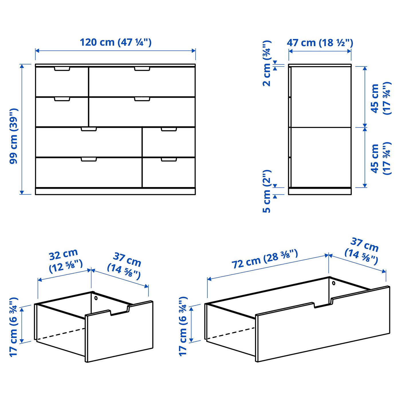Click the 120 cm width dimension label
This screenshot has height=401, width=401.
pos(115,42)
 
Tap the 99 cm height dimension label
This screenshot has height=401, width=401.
pos(13,136)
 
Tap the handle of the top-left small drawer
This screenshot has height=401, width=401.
pos(62,69)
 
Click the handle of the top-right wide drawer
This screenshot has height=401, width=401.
pos(142,69)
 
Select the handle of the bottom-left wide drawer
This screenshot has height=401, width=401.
pos(89,159)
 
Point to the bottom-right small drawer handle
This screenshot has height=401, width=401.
pos(169,159)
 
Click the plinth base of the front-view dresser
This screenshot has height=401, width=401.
pos(115,191)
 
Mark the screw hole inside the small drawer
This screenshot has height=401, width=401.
pos(96,298)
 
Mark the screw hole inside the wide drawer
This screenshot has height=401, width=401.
pos(334,283)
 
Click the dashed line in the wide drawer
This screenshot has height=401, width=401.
pos(231,333)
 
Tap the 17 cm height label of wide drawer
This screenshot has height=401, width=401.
pos(183,326)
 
